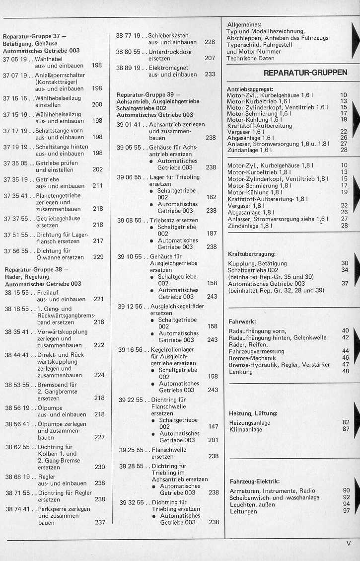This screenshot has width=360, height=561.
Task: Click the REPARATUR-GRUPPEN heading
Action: [305, 73]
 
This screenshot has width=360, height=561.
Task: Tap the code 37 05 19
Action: [15, 58]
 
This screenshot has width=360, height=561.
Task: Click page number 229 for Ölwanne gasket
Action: [98, 257]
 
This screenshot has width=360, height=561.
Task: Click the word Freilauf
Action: [48, 293]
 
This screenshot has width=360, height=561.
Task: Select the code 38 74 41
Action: [17, 509]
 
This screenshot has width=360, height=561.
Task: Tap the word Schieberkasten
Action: [169, 36]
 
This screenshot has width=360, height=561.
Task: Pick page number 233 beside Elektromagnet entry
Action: [210, 75]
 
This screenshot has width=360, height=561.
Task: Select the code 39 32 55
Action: [131, 502]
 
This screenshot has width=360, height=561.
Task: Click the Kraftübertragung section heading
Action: [251, 254]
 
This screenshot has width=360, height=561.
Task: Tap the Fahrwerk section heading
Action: [242, 321]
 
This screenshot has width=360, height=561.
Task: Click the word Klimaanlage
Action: [246, 429]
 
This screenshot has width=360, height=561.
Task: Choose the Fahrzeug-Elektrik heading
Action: [255, 481]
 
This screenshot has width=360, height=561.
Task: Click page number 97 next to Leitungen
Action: [346, 510]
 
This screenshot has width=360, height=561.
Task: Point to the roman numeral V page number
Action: [348, 544]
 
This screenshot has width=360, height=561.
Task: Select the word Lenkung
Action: [241, 371]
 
